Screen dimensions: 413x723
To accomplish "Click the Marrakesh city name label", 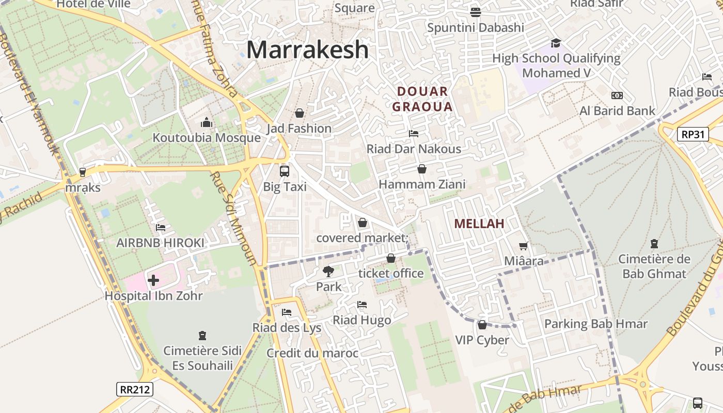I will pyautogui.click(x=307, y=50).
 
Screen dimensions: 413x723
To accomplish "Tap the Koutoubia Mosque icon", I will pyautogui.click(x=207, y=123).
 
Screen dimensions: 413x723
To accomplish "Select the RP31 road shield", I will pyautogui.click(x=693, y=135).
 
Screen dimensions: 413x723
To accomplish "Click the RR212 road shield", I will pyautogui.click(x=135, y=389).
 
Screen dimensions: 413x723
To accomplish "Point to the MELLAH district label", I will pyautogui.click(x=479, y=224).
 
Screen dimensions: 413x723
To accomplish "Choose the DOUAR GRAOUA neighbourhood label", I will pyautogui.click(x=422, y=99).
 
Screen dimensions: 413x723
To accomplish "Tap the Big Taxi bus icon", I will pyautogui.click(x=285, y=171).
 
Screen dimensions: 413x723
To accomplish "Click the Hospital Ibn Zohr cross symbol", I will pyautogui.click(x=153, y=280).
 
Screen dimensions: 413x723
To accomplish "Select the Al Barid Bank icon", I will pyautogui.click(x=617, y=96).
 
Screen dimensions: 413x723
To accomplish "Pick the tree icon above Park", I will pyautogui.click(x=328, y=271).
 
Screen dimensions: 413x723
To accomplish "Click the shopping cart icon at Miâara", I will pyautogui.click(x=524, y=246).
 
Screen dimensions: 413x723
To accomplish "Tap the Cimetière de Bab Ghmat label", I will pyautogui.click(x=654, y=266).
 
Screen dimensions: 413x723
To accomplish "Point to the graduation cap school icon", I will pyautogui.click(x=556, y=43).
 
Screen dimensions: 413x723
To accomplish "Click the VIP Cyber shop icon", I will pyautogui.click(x=482, y=325).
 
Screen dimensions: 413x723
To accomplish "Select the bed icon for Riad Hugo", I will pyautogui.click(x=362, y=305).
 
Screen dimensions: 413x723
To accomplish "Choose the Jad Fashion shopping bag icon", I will pyautogui.click(x=300, y=113).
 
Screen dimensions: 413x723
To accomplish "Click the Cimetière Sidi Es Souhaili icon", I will pyautogui.click(x=202, y=336).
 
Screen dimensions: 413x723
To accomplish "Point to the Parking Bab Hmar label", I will pyautogui.click(x=596, y=324).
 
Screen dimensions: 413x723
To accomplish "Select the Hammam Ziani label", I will pyautogui.click(x=422, y=184).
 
